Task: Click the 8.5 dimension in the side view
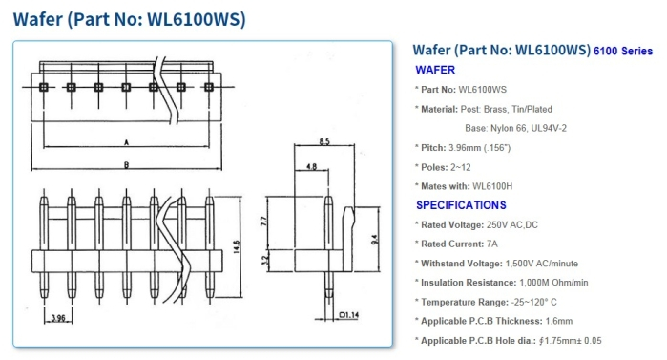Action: point(324,141)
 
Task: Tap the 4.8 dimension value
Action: point(311,166)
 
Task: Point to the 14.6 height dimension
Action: point(237,246)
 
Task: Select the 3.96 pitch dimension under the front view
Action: point(58,318)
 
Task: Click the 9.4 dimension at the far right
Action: point(374,240)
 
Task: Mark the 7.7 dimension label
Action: point(263,222)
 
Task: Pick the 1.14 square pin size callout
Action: point(349,315)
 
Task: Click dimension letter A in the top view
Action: point(126,142)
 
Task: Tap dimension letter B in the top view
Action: point(126,165)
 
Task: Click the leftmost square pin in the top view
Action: point(43,87)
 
